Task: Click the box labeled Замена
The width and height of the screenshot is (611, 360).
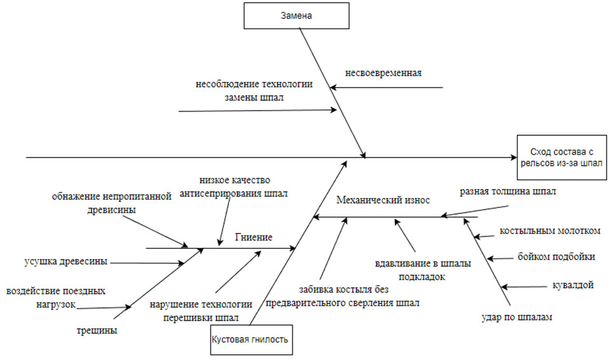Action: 296,15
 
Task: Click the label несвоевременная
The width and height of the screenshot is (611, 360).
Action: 384,72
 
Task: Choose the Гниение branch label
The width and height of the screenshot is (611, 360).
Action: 253,237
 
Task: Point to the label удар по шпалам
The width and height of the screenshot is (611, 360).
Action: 516,317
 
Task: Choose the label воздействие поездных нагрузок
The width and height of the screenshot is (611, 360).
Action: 56,297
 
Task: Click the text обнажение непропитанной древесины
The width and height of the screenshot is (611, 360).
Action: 112,203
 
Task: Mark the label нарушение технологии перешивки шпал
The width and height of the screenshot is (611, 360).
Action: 201,310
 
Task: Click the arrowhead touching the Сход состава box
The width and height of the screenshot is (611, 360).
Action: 513,157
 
